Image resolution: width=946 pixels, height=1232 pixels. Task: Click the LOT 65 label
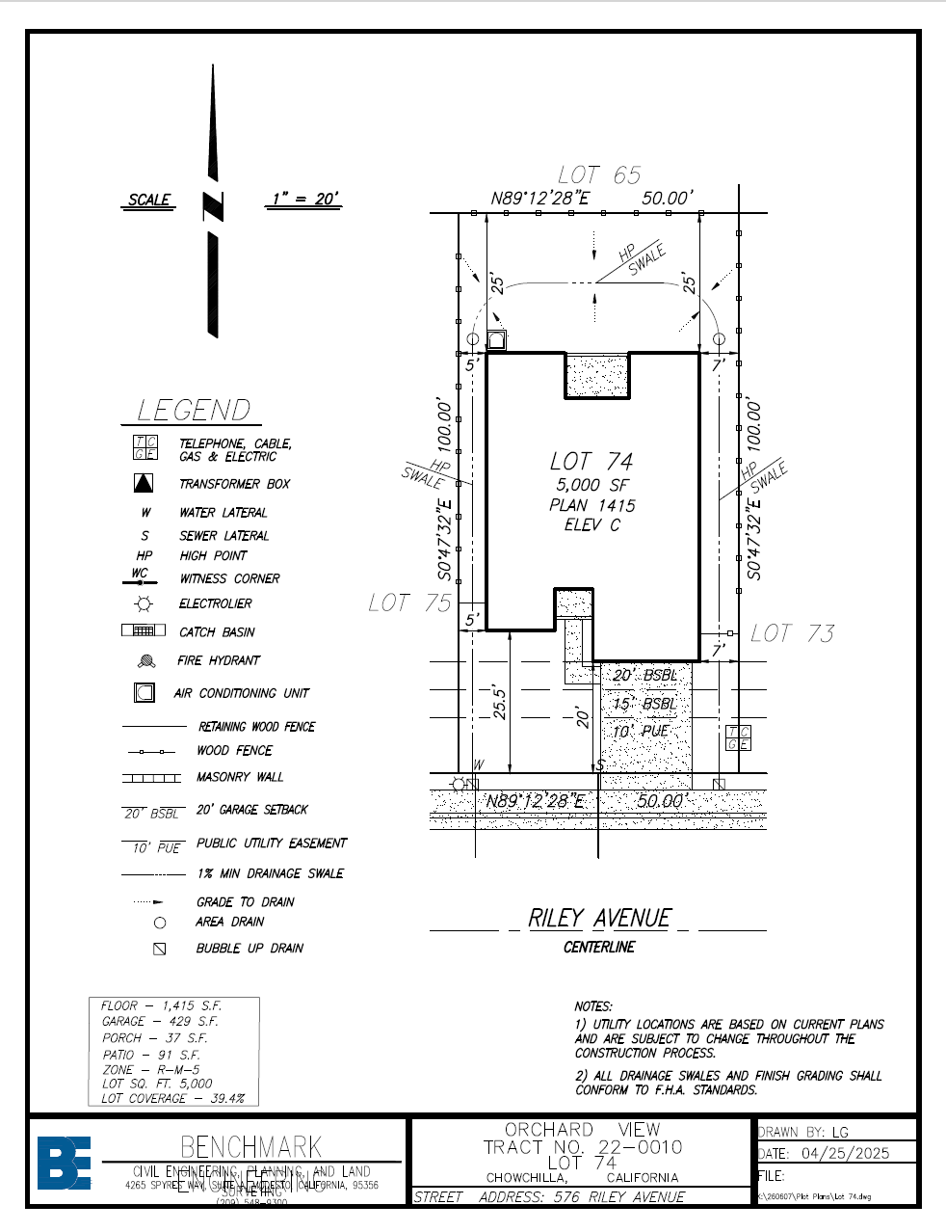coord(598,175)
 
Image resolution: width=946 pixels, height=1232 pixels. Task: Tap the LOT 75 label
coord(409,603)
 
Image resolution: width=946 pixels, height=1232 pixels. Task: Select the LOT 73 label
coord(792,633)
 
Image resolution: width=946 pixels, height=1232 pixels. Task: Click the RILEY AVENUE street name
coord(599,919)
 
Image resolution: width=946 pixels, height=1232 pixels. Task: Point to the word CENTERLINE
coord(599,948)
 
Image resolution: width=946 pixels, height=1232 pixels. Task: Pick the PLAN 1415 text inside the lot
coord(592,505)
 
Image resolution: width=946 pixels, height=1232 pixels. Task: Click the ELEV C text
coord(592,525)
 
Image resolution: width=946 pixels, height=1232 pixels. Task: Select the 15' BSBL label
coord(644,704)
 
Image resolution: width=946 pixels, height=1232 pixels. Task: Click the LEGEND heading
coord(193,411)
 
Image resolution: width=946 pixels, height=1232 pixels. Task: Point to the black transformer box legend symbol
coord(144,483)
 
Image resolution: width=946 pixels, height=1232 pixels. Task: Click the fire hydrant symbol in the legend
coord(146,661)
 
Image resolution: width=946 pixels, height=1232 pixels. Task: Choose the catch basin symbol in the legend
coord(144,631)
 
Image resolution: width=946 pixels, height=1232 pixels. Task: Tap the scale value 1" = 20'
coord(303,200)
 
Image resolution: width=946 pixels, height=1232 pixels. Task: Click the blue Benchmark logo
coord(64,1163)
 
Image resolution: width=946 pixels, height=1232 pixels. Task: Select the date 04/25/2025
coord(845,1154)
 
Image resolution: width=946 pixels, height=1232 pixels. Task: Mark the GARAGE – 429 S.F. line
coord(160,1021)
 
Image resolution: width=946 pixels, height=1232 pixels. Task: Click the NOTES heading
coord(593,1006)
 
